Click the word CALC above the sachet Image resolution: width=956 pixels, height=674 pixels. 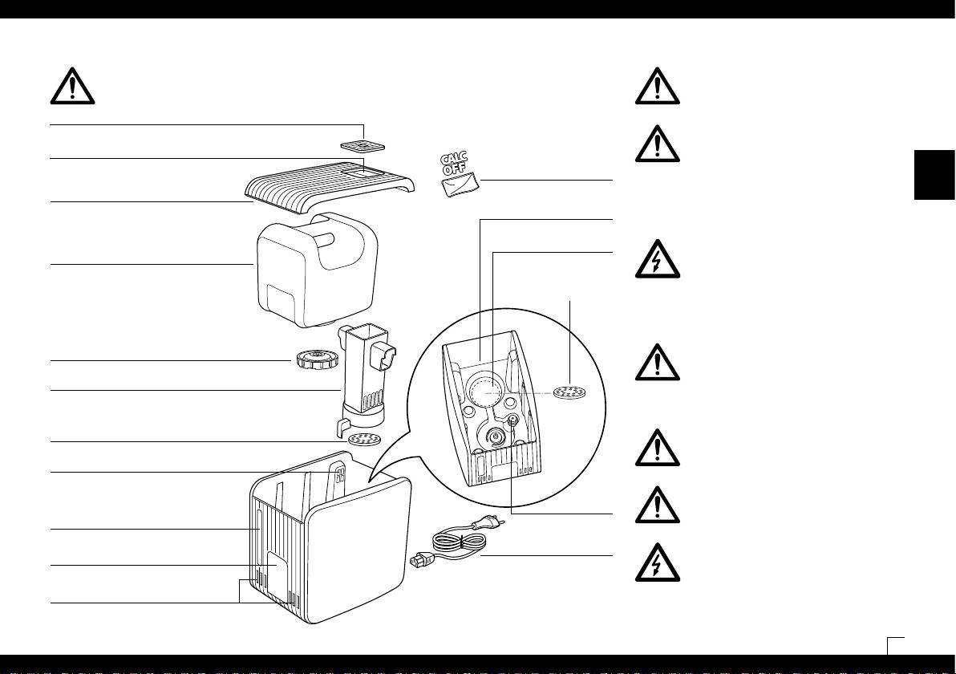[x=456, y=159]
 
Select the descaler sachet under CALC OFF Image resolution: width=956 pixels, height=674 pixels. [x=460, y=187]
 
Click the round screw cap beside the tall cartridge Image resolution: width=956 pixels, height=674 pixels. [x=310, y=359]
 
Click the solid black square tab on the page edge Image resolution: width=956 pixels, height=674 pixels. [x=935, y=175]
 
